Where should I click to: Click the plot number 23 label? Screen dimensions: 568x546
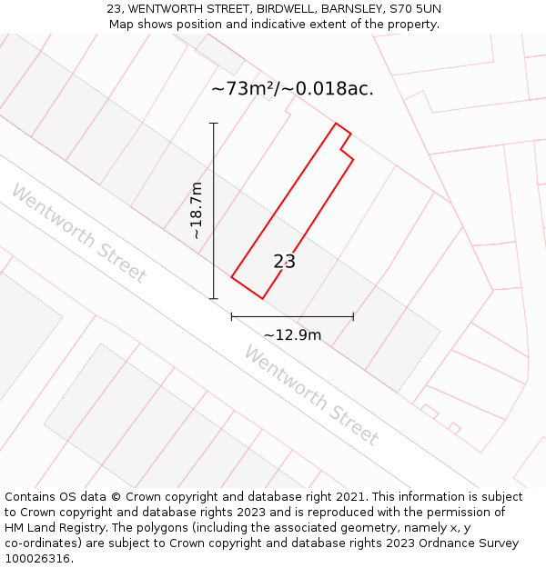click(284, 262)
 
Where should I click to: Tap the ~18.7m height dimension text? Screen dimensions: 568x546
click(197, 211)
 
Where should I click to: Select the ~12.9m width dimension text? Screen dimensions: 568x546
click(292, 334)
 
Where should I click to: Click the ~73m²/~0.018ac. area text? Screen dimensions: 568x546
click(292, 89)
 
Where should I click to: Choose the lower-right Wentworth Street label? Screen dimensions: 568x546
click(311, 394)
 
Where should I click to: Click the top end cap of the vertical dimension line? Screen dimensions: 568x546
click(214, 123)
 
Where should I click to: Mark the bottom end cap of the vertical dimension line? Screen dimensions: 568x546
click(214, 298)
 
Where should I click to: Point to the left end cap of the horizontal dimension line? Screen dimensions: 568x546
click(232, 316)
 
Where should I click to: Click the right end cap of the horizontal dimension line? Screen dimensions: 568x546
click(353, 316)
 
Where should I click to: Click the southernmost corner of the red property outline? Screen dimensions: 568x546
click(262, 298)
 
